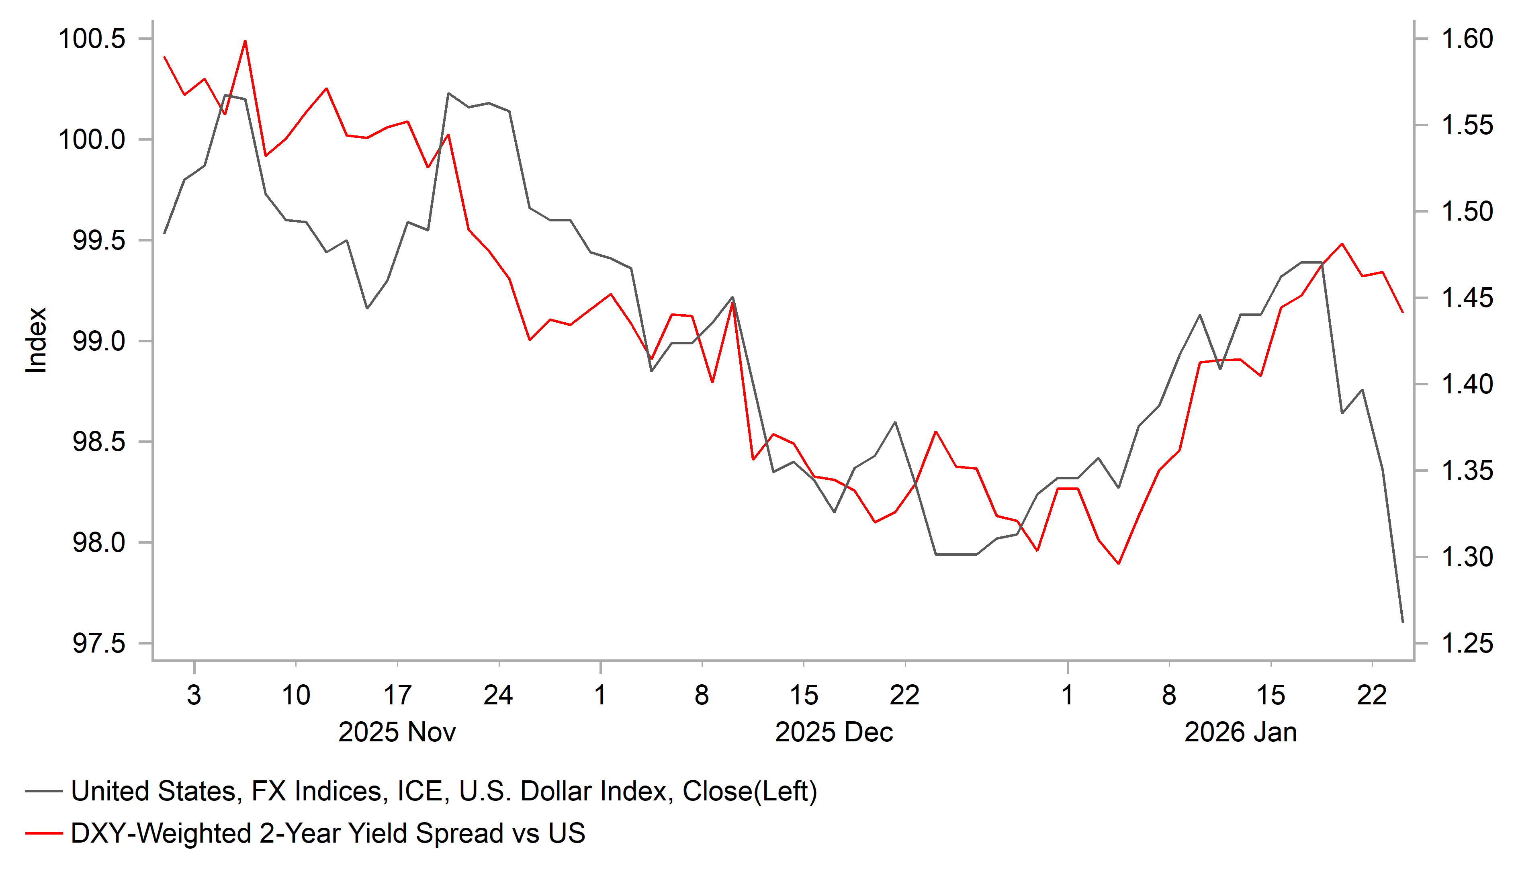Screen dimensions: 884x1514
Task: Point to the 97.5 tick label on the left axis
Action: (98, 644)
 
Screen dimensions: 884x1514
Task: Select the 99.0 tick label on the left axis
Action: (98, 341)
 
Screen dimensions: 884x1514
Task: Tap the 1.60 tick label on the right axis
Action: (1467, 39)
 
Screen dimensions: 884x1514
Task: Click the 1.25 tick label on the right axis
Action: (1467, 644)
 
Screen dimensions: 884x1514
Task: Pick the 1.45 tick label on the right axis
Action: (1467, 298)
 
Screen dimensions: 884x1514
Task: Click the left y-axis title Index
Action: (36, 340)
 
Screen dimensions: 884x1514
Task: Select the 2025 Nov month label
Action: (397, 733)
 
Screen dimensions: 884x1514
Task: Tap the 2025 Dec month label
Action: (833, 733)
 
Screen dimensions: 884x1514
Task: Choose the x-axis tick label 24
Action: (498, 695)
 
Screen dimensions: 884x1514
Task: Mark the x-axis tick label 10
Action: (296, 695)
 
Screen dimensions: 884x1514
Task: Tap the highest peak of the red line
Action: (245, 41)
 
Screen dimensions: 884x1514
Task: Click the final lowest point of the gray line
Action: (1402, 622)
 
